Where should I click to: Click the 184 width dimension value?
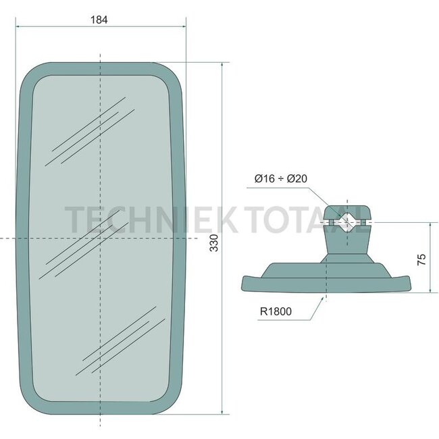point(99,20)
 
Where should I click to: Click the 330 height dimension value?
point(214,242)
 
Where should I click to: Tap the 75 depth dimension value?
point(421,259)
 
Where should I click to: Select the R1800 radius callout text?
point(276,311)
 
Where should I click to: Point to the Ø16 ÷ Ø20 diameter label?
point(281,178)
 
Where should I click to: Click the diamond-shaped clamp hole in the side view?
point(347,222)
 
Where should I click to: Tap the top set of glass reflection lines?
point(90,132)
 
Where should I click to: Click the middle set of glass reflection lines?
point(84,244)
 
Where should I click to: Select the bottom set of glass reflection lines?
point(120,341)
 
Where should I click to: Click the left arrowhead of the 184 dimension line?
point(18,26)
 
